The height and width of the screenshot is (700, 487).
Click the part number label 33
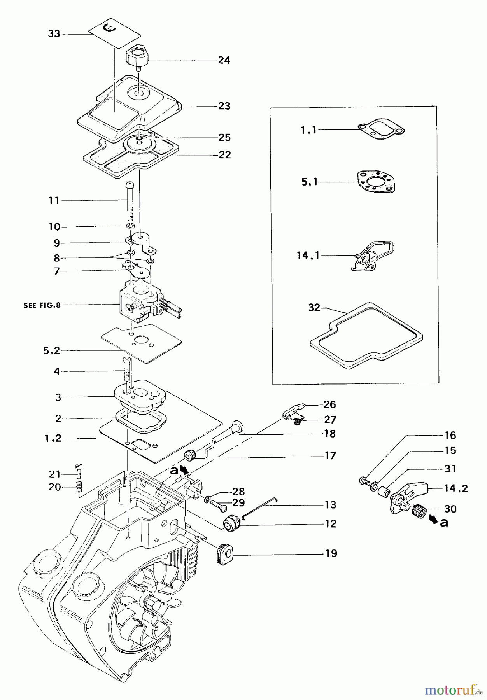coord(54,34)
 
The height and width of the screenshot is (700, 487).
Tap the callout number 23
coord(224,106)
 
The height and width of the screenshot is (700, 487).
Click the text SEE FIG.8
coord(42,305)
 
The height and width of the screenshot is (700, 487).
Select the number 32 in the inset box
coord(314,308)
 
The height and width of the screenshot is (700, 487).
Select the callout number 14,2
coord(456,488)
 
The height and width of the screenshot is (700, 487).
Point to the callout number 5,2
coord(51,350)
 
